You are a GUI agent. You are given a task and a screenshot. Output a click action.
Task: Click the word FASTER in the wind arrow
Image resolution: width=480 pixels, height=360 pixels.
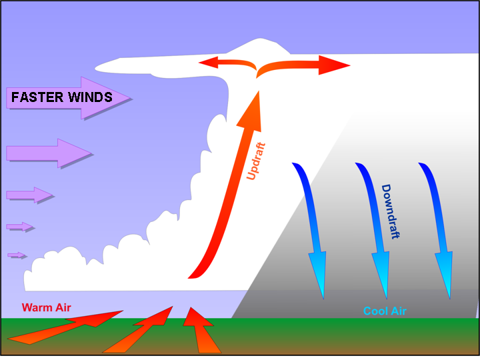click(x=37, y=97)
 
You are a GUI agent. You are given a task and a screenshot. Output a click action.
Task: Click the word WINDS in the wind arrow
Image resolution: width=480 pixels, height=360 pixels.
click(x=90, y=97)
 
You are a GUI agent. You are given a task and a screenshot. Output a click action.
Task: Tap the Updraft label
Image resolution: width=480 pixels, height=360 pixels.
click(x=256, y=161)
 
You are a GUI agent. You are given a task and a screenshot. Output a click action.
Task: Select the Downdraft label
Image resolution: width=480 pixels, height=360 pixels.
click(x=391, y=211)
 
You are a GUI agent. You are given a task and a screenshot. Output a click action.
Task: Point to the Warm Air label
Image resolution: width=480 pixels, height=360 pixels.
click(x=46, y=307)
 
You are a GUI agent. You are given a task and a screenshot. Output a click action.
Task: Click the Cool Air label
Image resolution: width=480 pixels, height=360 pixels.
click(x=385, y=311)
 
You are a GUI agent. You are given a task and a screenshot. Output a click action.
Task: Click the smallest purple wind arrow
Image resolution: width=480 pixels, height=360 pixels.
click(x=17, y=255)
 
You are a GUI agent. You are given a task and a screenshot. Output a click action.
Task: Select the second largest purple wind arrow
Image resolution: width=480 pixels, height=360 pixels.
click(x=49, y=153)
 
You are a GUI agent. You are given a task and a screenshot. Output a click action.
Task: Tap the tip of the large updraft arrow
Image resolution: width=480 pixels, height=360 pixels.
click(x=259, y=91)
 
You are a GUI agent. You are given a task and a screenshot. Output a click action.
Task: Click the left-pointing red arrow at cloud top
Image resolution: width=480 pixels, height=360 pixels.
click(x=227, y=64)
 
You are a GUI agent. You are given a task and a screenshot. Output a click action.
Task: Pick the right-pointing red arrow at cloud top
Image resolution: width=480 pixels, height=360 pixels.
click(x=303, y=66)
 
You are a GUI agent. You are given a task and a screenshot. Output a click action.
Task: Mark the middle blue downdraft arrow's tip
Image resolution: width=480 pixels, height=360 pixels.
click(x=387, y=299)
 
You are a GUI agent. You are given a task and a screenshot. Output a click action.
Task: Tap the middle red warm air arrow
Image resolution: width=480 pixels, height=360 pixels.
click(x=138, y=329)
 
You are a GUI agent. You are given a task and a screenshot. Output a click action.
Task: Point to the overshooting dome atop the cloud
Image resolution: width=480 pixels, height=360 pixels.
click(x=259, y=46)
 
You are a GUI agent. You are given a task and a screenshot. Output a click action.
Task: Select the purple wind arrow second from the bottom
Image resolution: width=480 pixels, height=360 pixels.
click(x=19, y=227)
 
